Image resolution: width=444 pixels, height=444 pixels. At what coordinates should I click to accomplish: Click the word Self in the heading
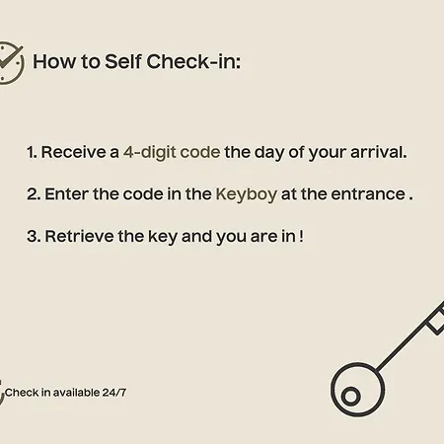(x=123, y=61)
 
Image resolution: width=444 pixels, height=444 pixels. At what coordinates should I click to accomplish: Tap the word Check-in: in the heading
(x=193, y=61)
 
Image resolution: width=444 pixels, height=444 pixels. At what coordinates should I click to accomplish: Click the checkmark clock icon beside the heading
(x=11, y=63)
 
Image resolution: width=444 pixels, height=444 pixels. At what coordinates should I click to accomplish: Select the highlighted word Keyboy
(x=247, y=194)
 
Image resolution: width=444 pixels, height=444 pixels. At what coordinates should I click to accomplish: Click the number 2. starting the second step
(x=34, y=194)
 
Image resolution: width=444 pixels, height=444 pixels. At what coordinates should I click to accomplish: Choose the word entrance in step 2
(x=368, y=194)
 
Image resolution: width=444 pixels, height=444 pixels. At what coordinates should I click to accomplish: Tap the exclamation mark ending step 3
(x=302, y=236)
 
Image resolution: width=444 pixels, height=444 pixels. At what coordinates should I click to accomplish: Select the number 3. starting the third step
(x=34, y=237)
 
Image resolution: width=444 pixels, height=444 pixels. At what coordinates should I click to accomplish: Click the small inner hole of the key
(x=350, y=396)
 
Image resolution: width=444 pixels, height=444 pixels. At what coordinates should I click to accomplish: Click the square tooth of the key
(x=436, y=324)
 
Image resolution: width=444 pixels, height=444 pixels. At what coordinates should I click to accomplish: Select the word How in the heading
(x=54, y=61)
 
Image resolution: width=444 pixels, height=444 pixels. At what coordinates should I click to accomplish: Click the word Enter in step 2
(x=67, y=194)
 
